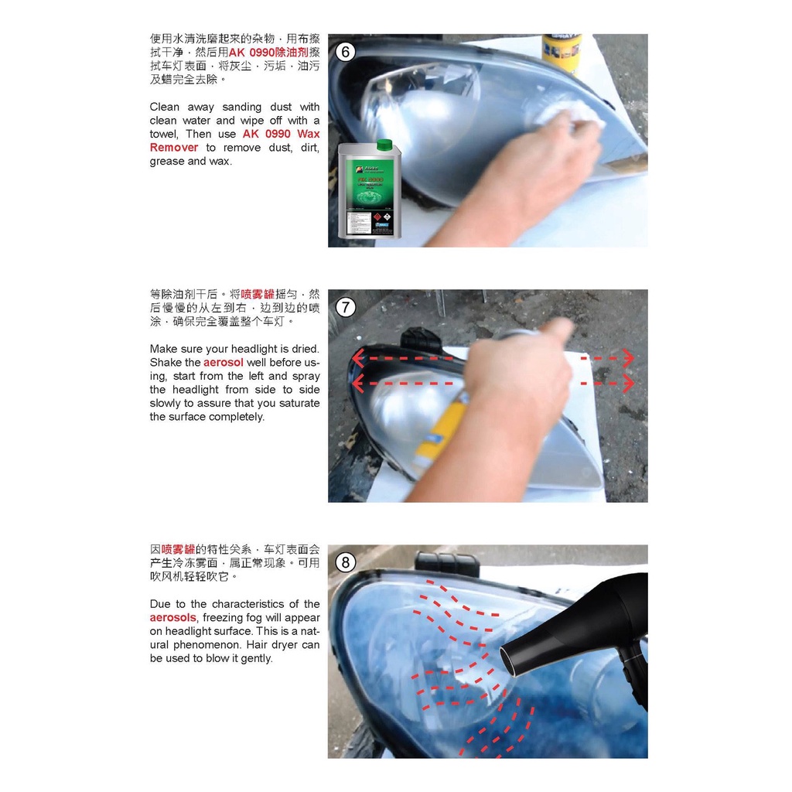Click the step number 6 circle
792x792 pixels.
click(x=346, y=53)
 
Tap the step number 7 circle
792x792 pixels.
click(x=346, y=308)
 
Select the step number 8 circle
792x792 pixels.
click(x=346, y=562)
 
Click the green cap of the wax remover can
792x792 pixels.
click(x=384, y=145)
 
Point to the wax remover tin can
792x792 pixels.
click(x=370, y=193)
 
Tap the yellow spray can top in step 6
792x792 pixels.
click(x=561, y=51)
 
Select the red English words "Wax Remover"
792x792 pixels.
click(x=234, y=141)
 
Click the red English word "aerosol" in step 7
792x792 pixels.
click(x=224, y=362)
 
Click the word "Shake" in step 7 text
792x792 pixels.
click(x=166, y=362)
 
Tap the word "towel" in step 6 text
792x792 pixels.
click(x=163, y=134)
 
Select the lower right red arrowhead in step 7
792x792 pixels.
click(x=628, y=383)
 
